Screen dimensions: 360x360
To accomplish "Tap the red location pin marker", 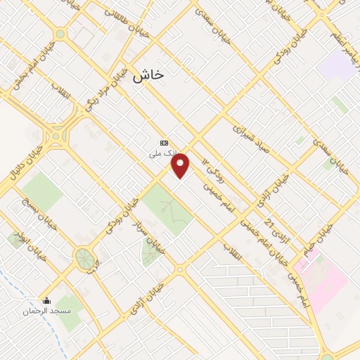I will (x=181, y=166).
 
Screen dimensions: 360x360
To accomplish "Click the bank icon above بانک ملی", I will (x=165, y=141).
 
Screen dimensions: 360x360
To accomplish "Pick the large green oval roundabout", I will (x=84, y=257).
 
